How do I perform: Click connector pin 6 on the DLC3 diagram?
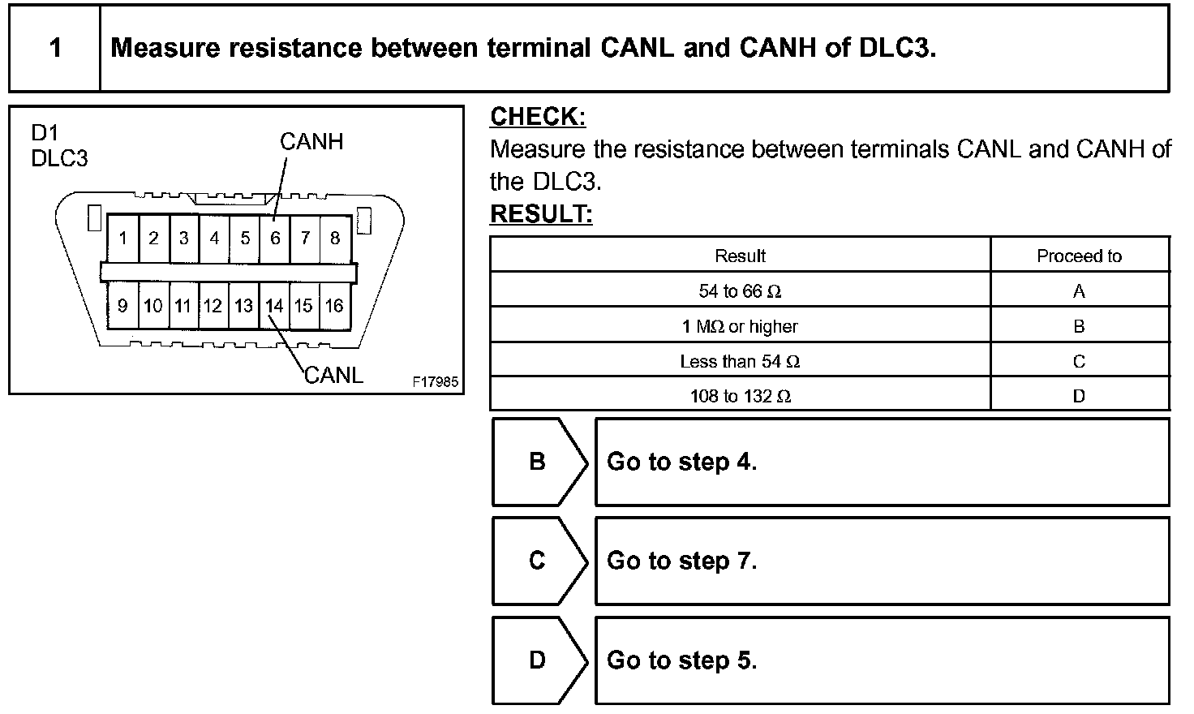(275, 239)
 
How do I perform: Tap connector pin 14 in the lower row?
(274, 306)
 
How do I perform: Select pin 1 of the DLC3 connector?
(122, 239)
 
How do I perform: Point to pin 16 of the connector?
(334, 306)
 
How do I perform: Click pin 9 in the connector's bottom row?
(122, 306)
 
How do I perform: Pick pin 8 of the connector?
(335, 239)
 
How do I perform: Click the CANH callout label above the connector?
(311, 142)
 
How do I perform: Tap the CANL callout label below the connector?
(333, 375)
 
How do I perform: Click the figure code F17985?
(435, 381)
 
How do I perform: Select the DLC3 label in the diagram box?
(59, 158)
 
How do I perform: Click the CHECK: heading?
(537, 117)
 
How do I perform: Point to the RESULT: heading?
(541, 214)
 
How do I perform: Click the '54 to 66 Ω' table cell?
(740, 291)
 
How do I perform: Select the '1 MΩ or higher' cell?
(740, 326)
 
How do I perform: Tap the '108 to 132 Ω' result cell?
(740, 396)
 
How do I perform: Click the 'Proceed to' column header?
(1079, 256)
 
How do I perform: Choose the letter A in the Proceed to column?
(1079, 291)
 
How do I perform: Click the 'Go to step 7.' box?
(882, 561)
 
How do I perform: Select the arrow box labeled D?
(538, 660)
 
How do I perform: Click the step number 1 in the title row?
(55, 48)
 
